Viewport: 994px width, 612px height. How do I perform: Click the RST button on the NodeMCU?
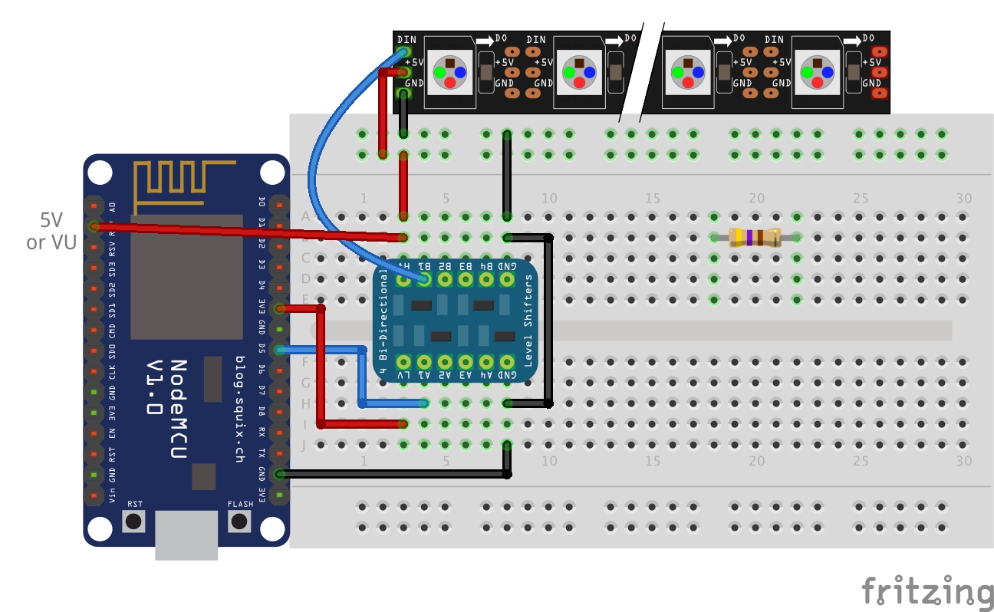(134, 522)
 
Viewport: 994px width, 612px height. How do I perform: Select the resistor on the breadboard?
(755, 238)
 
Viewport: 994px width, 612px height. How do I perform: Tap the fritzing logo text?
(927, 591)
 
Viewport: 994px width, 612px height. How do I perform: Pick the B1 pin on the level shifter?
(423, 280)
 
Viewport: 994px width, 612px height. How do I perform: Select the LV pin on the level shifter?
(403, 361)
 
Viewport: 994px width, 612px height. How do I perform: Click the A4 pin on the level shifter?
(485, 361)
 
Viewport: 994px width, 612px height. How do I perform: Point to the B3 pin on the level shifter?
(465, 280)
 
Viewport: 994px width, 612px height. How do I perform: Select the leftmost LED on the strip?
(449, 72)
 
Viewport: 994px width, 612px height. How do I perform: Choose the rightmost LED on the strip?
(819, 72)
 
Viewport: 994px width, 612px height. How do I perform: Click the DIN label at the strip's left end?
(406, 39)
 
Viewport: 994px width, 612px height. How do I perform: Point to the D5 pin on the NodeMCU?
(279, 350)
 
